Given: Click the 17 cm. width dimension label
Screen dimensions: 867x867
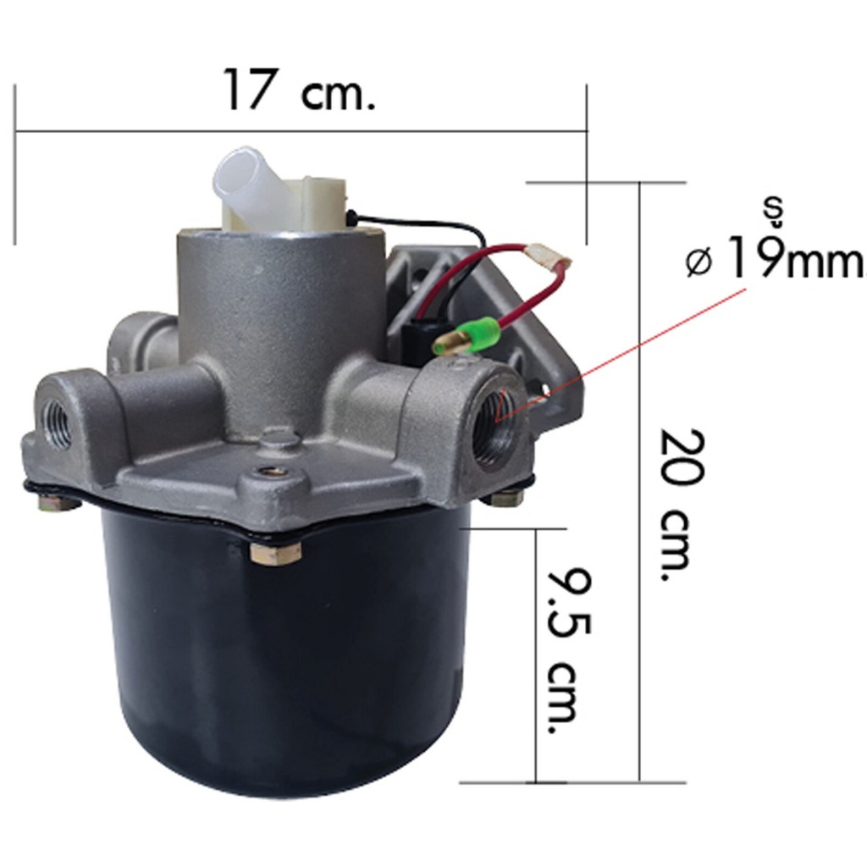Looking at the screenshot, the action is [x=299, y=90].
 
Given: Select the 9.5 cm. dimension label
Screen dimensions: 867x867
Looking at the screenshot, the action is [x=569, y=650].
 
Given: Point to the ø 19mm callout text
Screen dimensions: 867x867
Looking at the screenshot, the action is [x=774, y=257].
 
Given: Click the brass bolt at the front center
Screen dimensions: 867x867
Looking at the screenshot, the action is [x=275, y=552].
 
